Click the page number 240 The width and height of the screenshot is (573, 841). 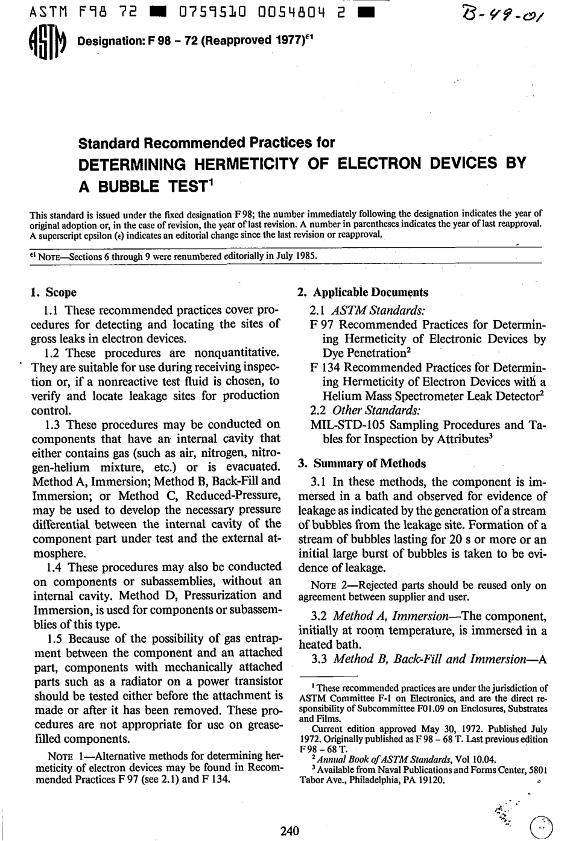point(290,831)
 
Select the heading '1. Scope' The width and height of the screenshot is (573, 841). point(54,292)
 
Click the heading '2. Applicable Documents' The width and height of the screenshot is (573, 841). point(363,292)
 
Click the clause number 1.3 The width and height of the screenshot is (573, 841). point(54,425)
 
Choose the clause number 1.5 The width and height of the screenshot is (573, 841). point(54,638)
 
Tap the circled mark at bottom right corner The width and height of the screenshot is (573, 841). point(541,828)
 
